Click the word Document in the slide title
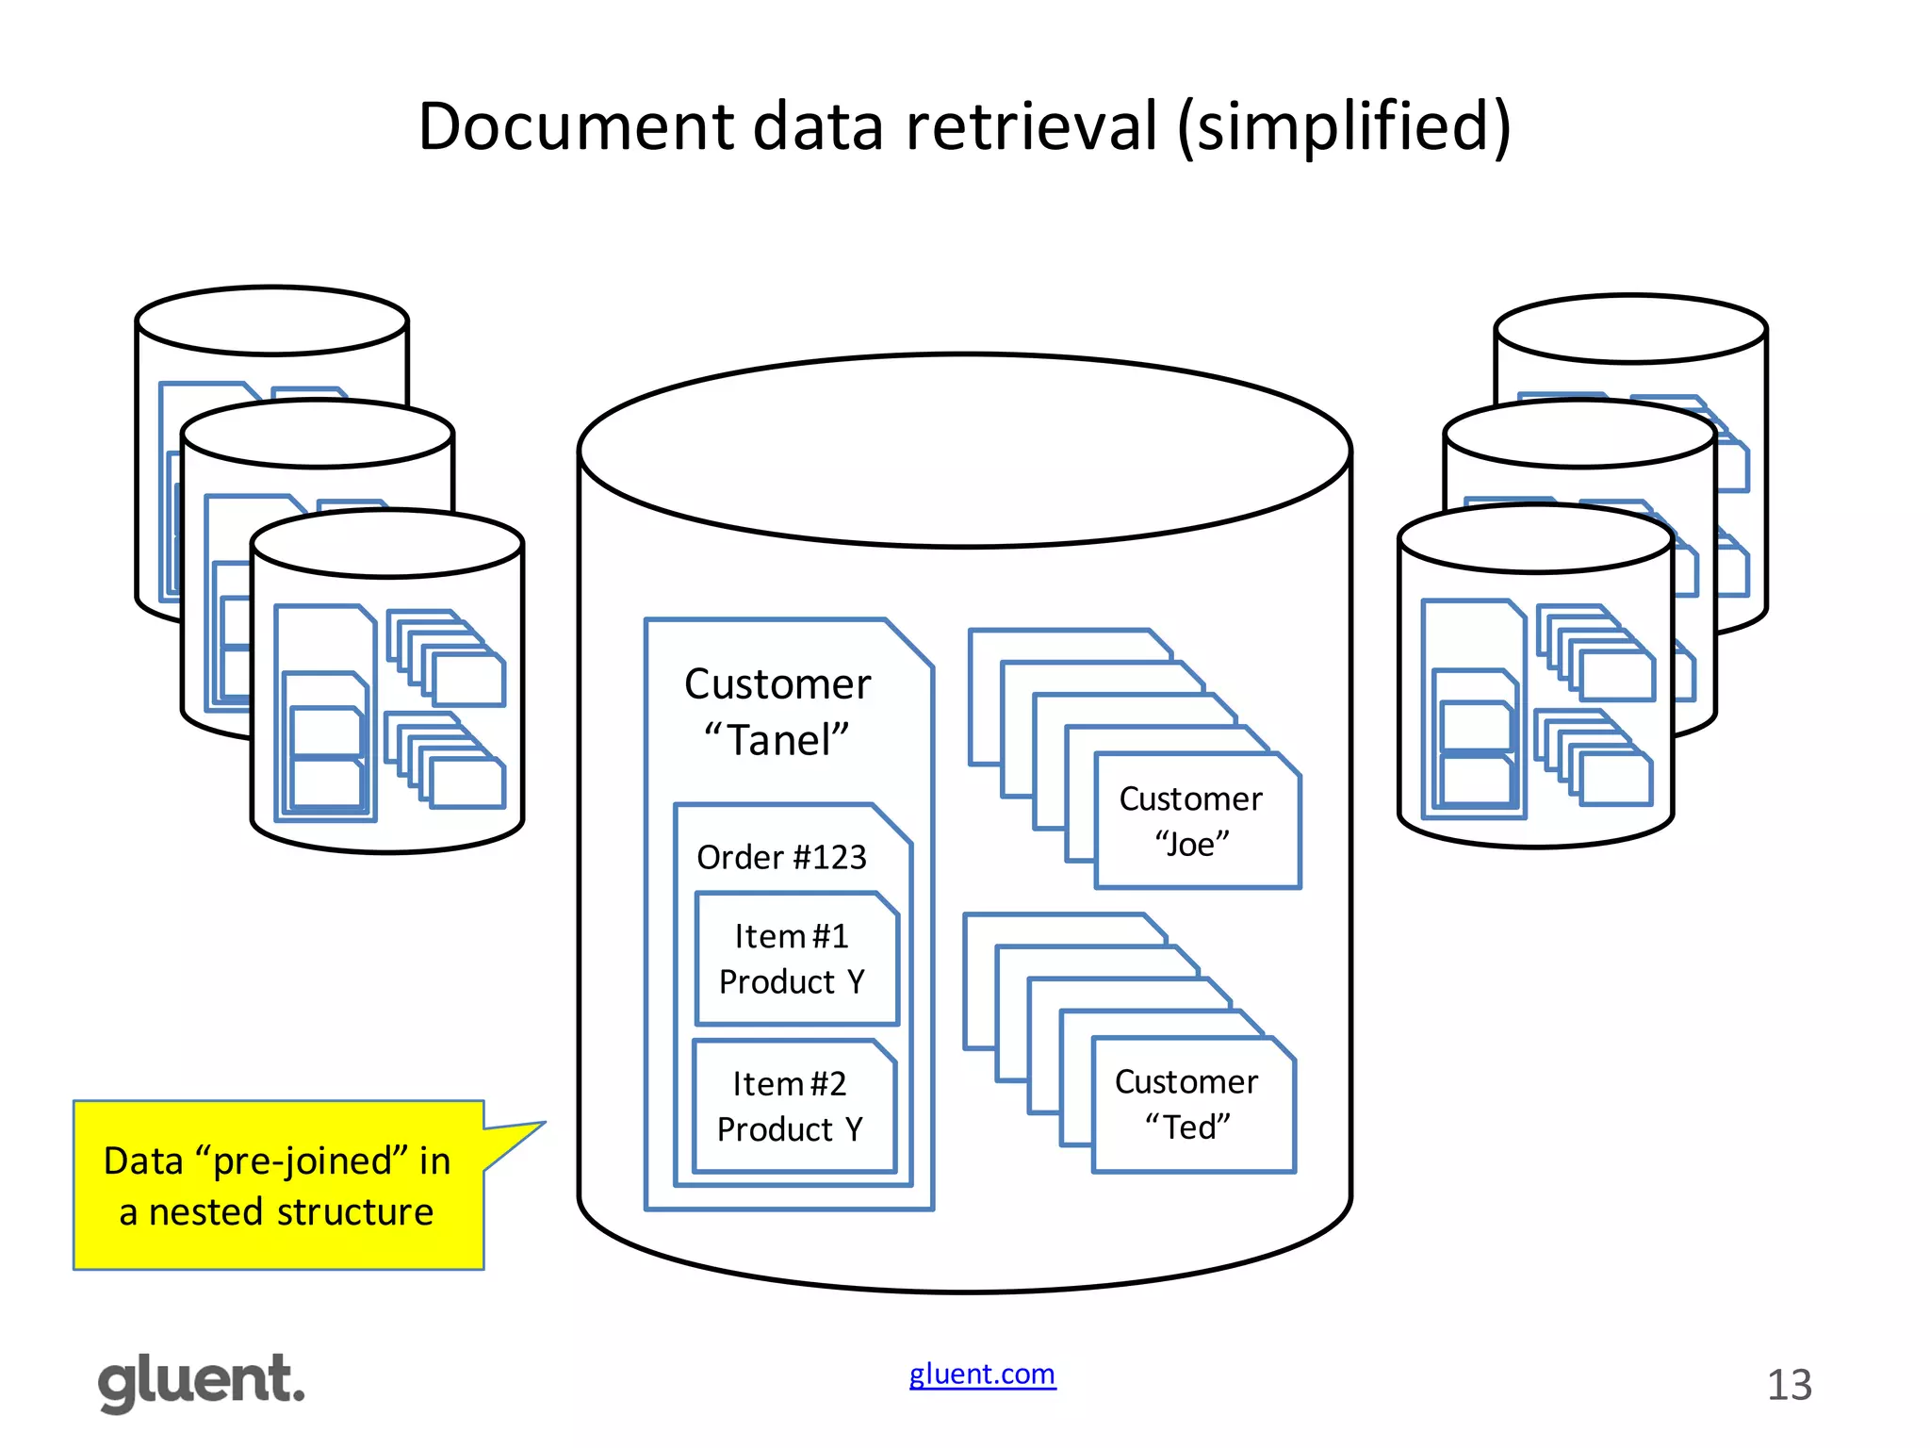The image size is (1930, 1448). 575,126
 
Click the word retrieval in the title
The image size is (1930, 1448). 1031,126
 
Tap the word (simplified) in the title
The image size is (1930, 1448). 1344,128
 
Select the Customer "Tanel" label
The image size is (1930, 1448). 777,711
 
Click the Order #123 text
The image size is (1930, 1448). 781,857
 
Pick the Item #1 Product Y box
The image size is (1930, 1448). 794,959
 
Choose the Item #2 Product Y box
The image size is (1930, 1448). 792,1107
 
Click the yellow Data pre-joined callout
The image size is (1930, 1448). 278,1185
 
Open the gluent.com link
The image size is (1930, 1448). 982,1374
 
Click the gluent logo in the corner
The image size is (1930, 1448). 201,1382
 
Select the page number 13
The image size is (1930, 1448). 1789,1385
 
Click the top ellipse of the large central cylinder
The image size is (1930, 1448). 964,451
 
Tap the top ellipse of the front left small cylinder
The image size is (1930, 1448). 386,543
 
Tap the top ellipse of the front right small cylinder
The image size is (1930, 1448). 1535,538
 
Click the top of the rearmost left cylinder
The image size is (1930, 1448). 271,321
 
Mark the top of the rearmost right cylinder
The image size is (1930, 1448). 1630,329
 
